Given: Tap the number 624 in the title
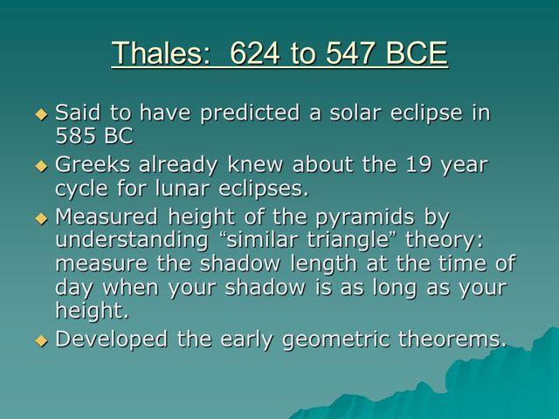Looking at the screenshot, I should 260,54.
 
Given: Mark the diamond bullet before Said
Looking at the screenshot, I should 39,114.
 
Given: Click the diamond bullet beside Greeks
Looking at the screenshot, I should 39,165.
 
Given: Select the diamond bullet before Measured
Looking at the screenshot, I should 39,216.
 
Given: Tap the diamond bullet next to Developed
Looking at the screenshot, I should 39,340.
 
